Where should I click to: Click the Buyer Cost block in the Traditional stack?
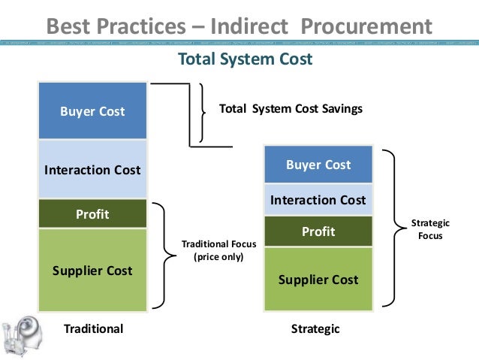(x=92, y=111)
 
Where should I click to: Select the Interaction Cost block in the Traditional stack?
(x=92, y=169)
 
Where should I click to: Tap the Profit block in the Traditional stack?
(x=92, y=214)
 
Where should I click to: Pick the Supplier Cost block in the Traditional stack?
(x=92, y=270)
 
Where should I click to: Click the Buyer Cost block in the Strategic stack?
(x=318, y=165)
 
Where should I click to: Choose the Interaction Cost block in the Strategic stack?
(x=318, y=200)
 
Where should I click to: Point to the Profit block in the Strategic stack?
(x=318, y=232)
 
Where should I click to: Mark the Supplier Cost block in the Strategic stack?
(x=318, y=280)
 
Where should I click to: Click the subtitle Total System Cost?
(x=243, y=59)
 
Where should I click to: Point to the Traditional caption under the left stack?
(x=93, y=329)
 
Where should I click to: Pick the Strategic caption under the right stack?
(x=315, y=329)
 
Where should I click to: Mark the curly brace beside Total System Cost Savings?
(x=204, y=111)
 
